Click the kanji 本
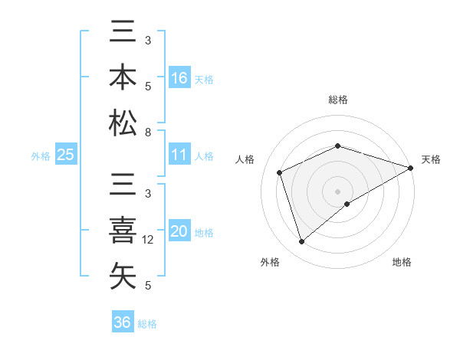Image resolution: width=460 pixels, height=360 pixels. coord(123,78)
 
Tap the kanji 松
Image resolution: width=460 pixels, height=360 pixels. coord(123,122)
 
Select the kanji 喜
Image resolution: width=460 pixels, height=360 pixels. coord(123,232)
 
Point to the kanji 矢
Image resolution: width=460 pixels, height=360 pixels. coord(123,276)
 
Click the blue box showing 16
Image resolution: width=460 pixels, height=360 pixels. coord(179,78)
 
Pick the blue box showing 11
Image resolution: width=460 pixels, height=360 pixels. coord(179,155)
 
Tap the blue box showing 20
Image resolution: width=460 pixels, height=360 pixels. coord(179,232)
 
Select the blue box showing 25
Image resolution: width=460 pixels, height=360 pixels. coord(65,155)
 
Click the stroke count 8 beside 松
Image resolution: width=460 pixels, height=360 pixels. coord(148,133)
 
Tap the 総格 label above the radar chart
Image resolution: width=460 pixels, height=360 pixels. coord(337,100)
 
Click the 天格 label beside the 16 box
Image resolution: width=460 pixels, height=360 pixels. coord(204,79)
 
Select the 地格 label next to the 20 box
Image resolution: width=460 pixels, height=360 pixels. coord(204,233)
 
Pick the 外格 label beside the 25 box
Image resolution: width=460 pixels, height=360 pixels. coord(41,155)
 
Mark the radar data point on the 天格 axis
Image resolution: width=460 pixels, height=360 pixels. coord(412,169)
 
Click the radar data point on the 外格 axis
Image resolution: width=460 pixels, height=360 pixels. coord(302,242)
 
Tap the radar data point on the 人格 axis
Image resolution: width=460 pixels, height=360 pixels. coord(280,172)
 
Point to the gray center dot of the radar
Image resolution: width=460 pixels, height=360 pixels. coord(337,191)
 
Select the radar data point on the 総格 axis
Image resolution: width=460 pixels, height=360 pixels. coord(337,146)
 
